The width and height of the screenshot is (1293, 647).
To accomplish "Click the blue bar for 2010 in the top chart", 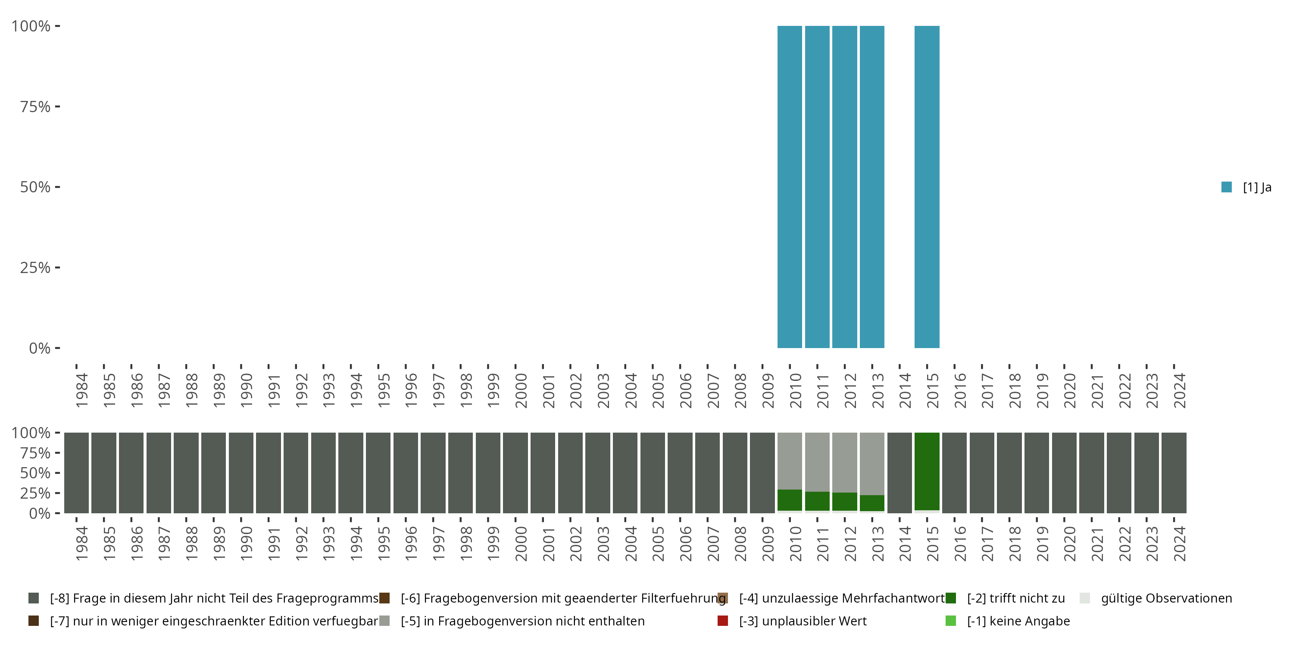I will click(x=790, y=187).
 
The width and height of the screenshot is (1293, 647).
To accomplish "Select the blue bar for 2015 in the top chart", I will click(x=927, y=187).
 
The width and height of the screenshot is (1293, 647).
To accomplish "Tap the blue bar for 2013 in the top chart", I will click(x=872, y=187).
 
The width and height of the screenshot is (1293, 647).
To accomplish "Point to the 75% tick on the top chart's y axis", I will click(x=57, y=107).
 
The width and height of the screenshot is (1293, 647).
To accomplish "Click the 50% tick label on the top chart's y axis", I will click(x=35, y=187).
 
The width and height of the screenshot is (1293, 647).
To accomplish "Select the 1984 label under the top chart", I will click(x=82, y=390).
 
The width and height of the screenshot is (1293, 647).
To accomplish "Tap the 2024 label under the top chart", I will click(x=1180, y=390).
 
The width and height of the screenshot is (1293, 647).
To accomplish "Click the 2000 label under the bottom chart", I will click(x=521, y=543).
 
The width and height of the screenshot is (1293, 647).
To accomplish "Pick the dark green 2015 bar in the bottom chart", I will click(x=927, y=471).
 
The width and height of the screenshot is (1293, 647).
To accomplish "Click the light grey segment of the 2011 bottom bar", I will click(x=817, y=462).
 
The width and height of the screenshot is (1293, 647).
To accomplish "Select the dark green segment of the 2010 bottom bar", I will click(x=790, y=500).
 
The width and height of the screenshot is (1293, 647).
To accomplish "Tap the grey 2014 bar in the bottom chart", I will click(x=899, y=473).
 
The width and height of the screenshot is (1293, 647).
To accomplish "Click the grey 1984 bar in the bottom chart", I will click(x=76, y=473).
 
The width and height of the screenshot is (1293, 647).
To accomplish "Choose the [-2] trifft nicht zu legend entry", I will click(x=1015, y=598).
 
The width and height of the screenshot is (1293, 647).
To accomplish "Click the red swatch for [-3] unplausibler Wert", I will click(x=723, y=621).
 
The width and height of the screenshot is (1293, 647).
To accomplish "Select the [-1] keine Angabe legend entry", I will click(x=1018, y=621).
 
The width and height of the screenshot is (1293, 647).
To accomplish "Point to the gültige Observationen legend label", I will click(x=1166, y=598).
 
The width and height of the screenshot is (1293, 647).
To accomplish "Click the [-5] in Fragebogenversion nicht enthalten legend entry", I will click(x=522, y=621).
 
